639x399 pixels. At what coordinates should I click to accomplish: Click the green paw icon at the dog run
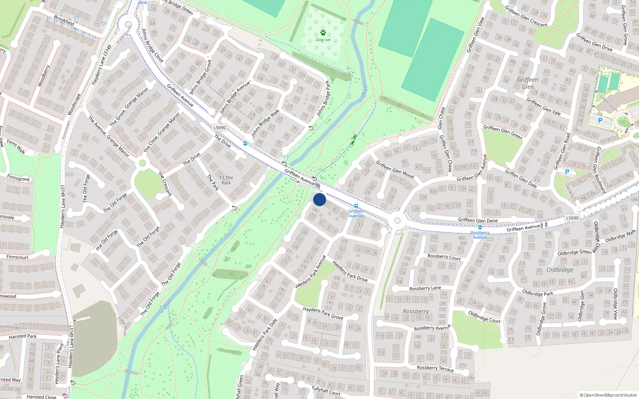pyautogui.click(x=323, y=33)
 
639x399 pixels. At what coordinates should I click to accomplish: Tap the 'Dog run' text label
pyautogui.click(x=323, y=40)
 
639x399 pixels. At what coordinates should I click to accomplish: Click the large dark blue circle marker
pyautogui.click(x=319, y=199)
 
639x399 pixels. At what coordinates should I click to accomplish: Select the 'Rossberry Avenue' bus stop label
pyautogui.click(x=480, y=235)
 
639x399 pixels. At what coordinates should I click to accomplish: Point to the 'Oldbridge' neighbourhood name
pyautogui.click(x=560, y=270)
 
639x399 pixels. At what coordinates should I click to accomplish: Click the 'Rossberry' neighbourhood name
pyautogui.click(x=416, y=311)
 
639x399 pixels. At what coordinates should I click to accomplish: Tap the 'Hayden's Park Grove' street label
pyautogui.click(x=323, y=313)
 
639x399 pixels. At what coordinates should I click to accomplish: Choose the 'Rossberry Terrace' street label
pyautogui.click(x=435, y=368)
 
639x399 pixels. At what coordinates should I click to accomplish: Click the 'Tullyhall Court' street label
pyautogui.click(x=325, y=390)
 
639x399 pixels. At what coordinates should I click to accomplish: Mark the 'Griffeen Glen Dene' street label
pyautogui.click(x=478, y=220)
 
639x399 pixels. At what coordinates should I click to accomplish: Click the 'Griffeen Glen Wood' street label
pyautogui.click(x=395, y=170)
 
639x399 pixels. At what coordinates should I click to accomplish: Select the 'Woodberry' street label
pyautogui.click(x=44, y=76)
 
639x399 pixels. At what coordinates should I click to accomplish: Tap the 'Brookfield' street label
pyautogui.click(x=64, y=20)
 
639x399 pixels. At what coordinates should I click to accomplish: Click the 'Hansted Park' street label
pyautogui.click(x=23, y=336)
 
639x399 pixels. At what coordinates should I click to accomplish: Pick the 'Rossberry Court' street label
pyautogui.click(x=444, y=257)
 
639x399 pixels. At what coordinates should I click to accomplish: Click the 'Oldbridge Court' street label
pyautogui.click(x=484, y=317)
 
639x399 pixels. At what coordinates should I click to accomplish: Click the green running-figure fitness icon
pyautogui.click(x=353, y=140)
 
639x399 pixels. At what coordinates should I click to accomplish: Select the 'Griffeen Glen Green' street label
pyautogui.click(x=502, y=132)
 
